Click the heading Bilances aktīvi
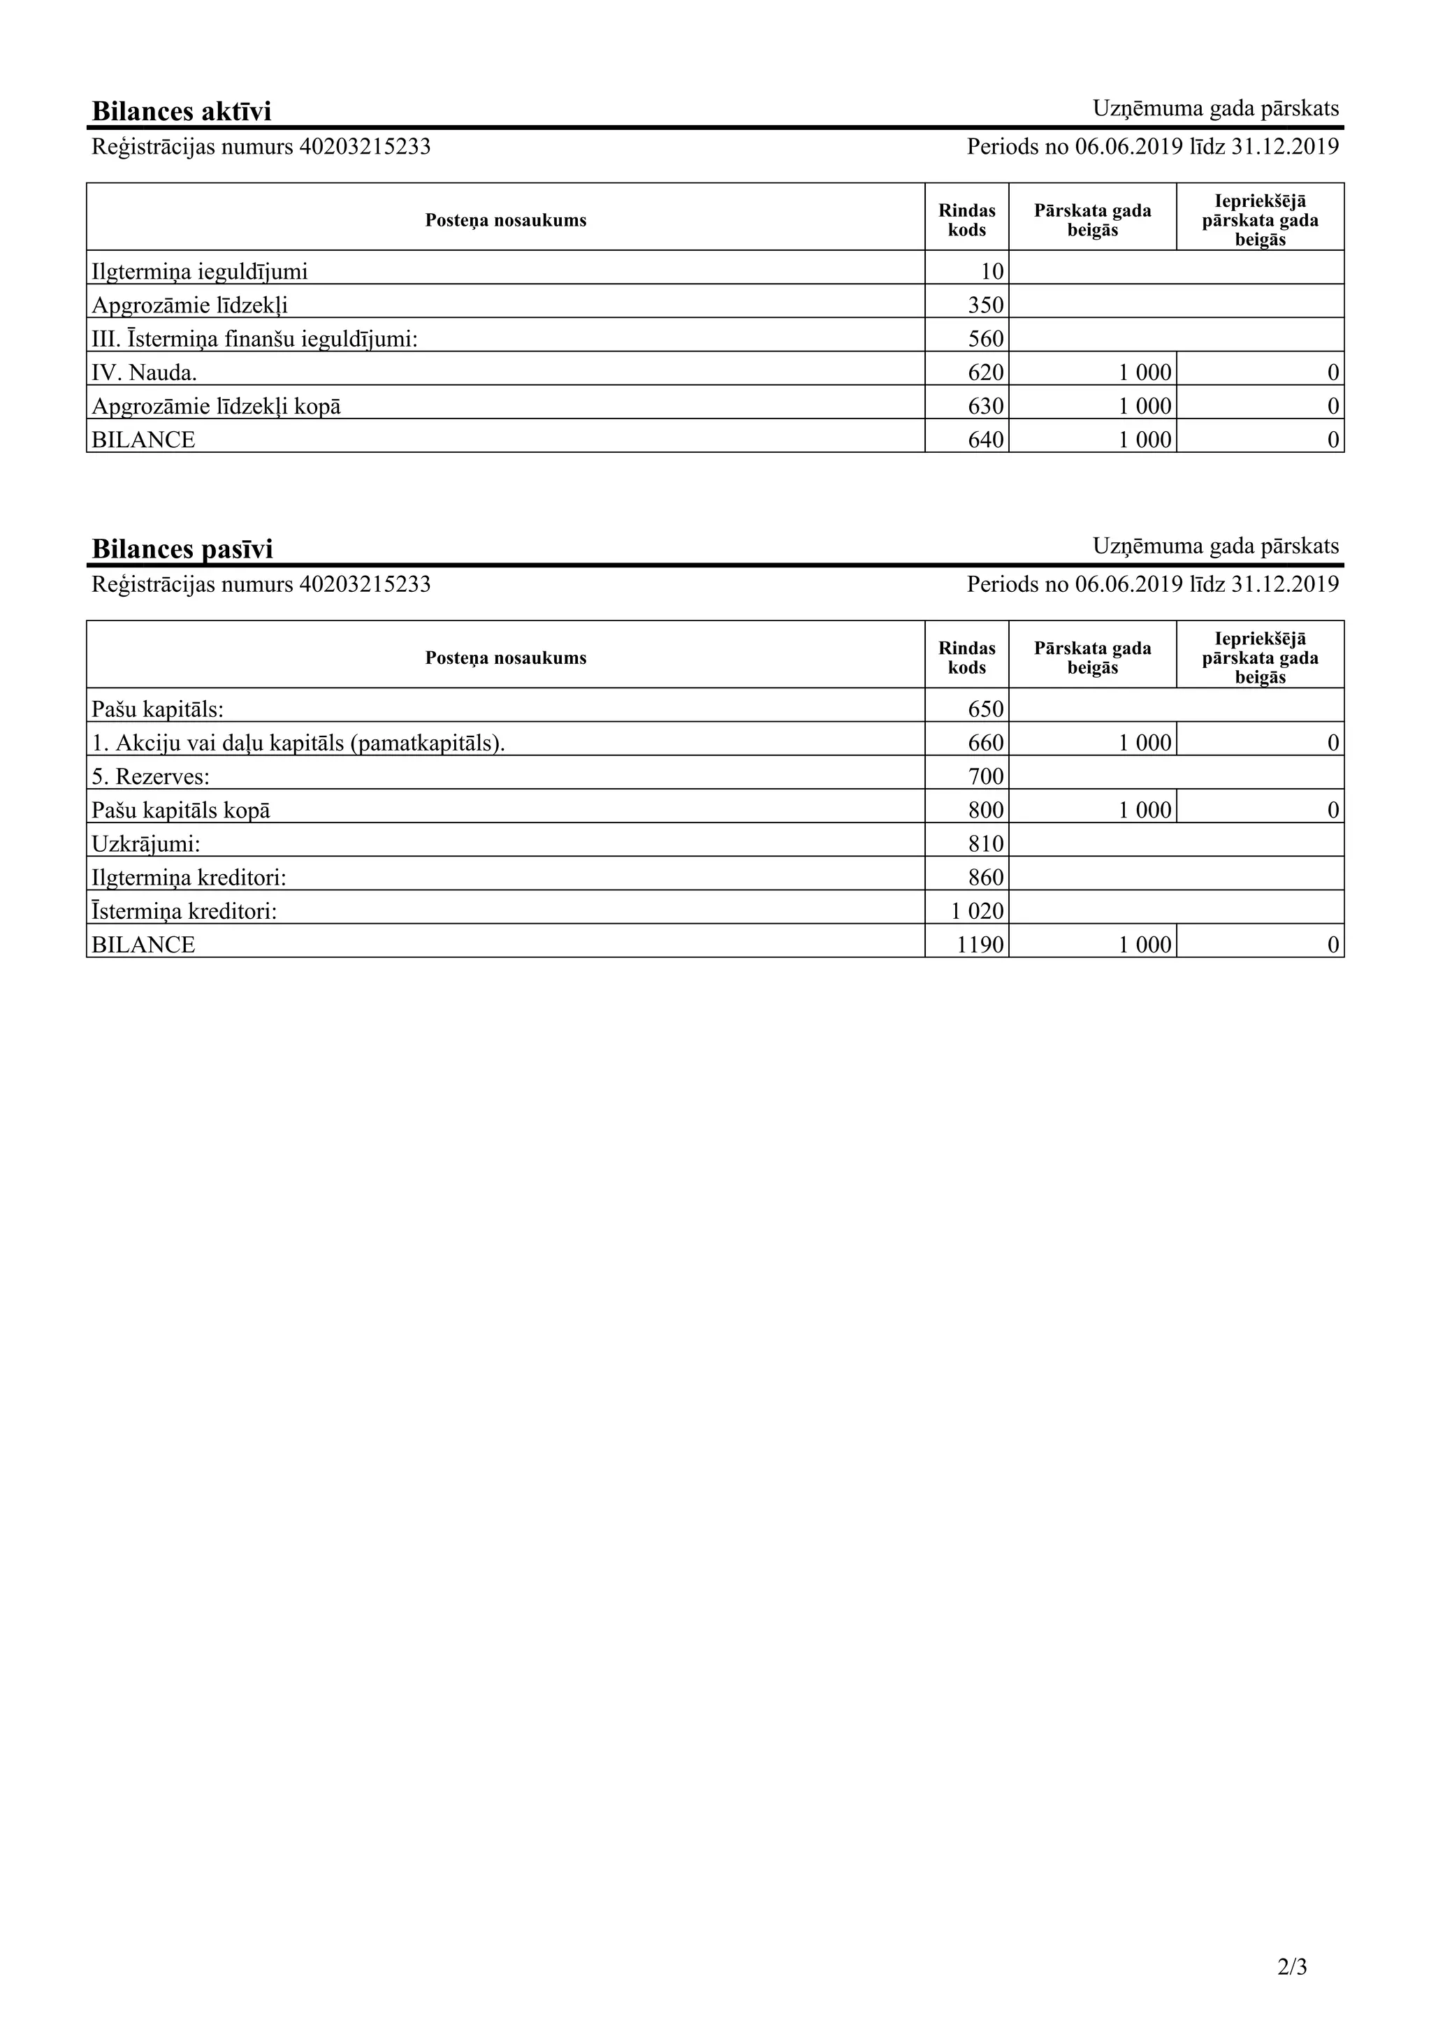point(181,111)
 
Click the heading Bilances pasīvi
point(182,549)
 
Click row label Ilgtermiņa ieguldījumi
point(199,272)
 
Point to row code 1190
point(980,945)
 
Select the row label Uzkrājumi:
point(145,844)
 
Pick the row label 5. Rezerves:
point(150,777)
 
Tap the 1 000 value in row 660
point(1145,743)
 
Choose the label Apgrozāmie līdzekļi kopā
point(216,407)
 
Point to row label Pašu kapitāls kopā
point(181,811)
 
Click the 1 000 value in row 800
point(1145,811)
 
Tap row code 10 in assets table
point(992,273)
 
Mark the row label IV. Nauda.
point(144,373)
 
